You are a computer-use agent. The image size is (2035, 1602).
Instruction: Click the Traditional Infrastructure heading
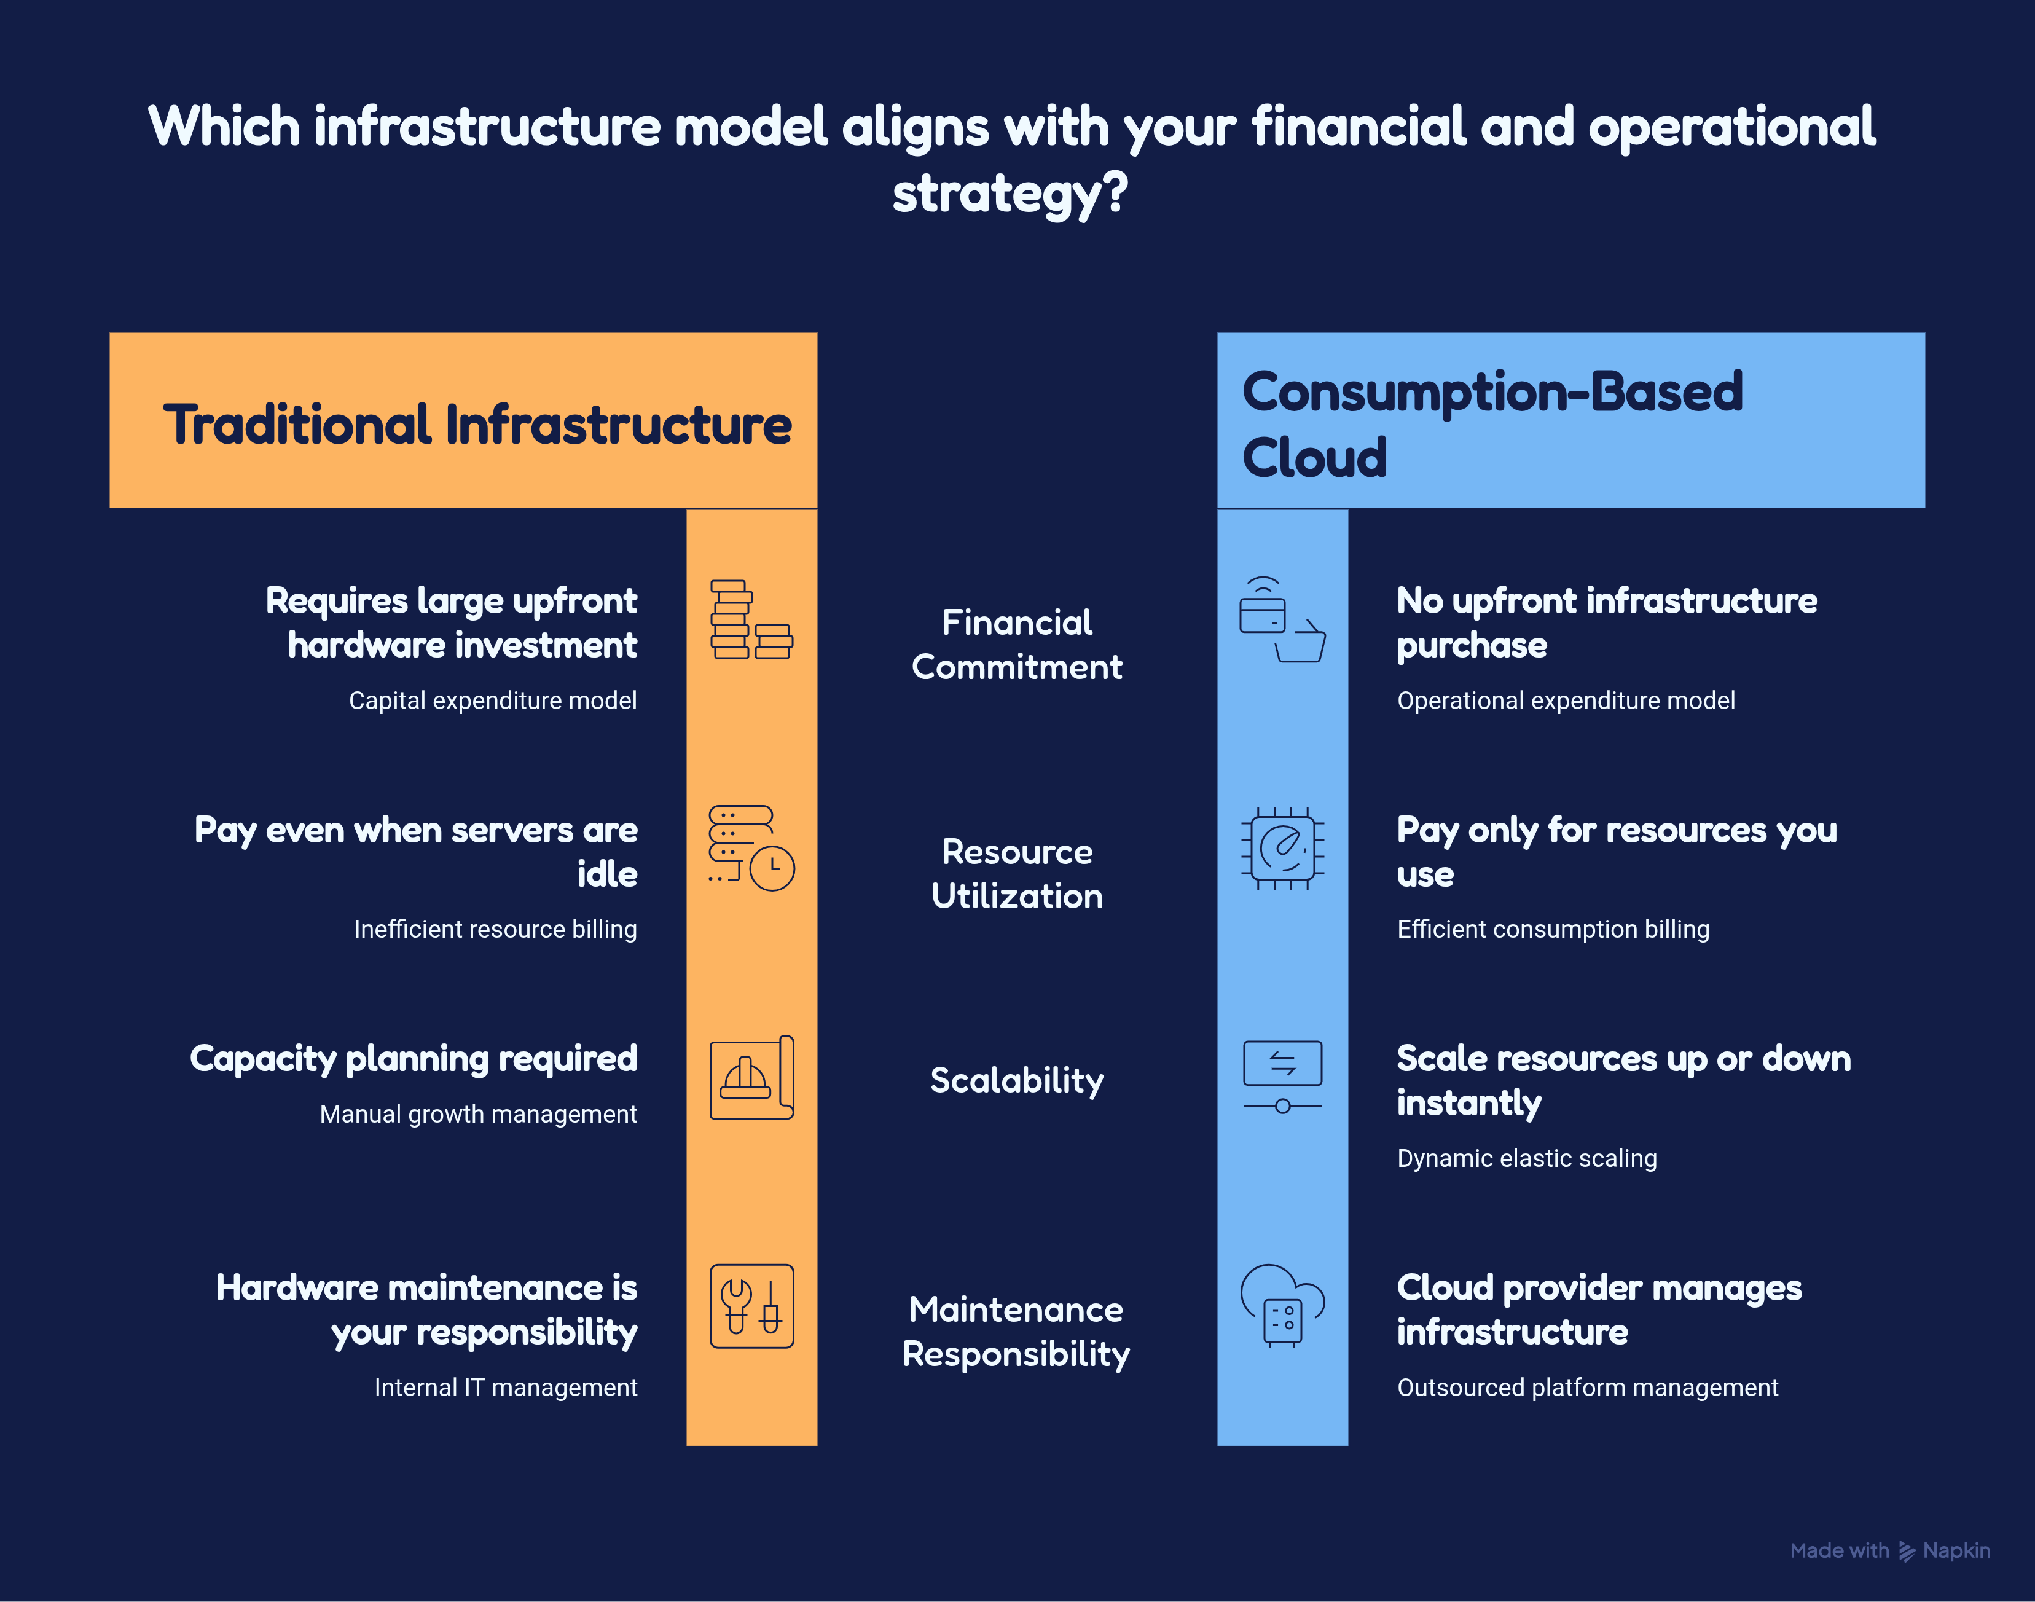(477, 425)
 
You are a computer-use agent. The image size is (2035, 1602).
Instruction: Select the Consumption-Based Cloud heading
(1492, 424)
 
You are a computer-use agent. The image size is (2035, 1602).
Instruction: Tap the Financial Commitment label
(1016, 645)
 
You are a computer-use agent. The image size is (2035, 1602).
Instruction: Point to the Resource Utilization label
(1016, 873)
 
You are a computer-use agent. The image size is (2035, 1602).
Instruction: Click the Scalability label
(1016, 1080)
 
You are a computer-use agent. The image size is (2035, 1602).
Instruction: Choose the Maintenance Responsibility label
(1016, 1331)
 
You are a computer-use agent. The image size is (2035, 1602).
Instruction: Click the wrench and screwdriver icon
(751, 1306)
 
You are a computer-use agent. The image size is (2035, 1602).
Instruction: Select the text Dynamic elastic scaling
(1527, 1158)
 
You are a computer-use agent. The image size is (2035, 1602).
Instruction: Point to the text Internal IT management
(506, 1387)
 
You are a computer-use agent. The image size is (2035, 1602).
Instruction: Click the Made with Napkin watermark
(1889, 1550)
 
